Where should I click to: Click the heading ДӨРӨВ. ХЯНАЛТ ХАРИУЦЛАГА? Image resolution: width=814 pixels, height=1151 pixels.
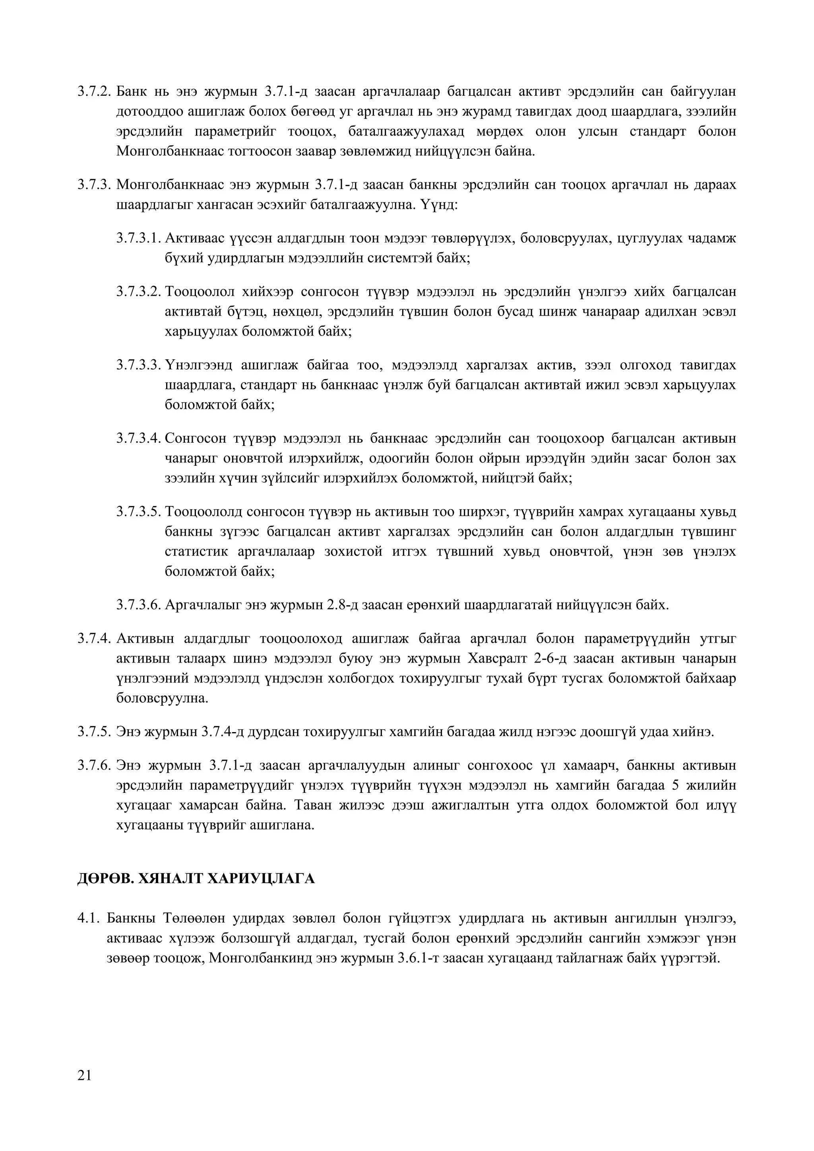[196, 878]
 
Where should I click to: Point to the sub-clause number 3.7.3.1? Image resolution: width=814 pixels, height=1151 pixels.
[138, 238]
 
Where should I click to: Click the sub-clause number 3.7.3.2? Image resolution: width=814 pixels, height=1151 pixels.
[138, 291]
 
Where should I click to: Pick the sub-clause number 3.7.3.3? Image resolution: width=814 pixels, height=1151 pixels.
[138, 365]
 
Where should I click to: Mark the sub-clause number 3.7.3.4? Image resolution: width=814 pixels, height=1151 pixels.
[138, 438]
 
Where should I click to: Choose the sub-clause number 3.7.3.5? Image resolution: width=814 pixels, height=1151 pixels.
[138, 512]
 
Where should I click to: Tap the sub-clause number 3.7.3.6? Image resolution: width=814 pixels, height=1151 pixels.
[138, 605]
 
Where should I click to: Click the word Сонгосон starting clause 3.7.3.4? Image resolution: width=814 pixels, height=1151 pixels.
[196, 438]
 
